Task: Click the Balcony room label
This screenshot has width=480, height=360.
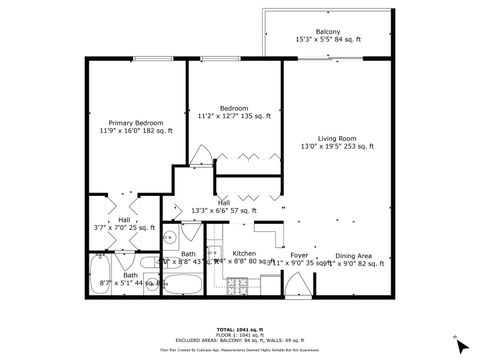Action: tap(327, 32)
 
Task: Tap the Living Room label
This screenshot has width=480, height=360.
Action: tap(337, 139)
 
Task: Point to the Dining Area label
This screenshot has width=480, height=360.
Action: tap(354, 255)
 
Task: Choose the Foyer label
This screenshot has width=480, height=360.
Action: tap(299, 255)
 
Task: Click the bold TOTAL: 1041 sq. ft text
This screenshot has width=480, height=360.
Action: tap(239, 329)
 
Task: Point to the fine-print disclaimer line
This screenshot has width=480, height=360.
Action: tap(239, 351)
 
